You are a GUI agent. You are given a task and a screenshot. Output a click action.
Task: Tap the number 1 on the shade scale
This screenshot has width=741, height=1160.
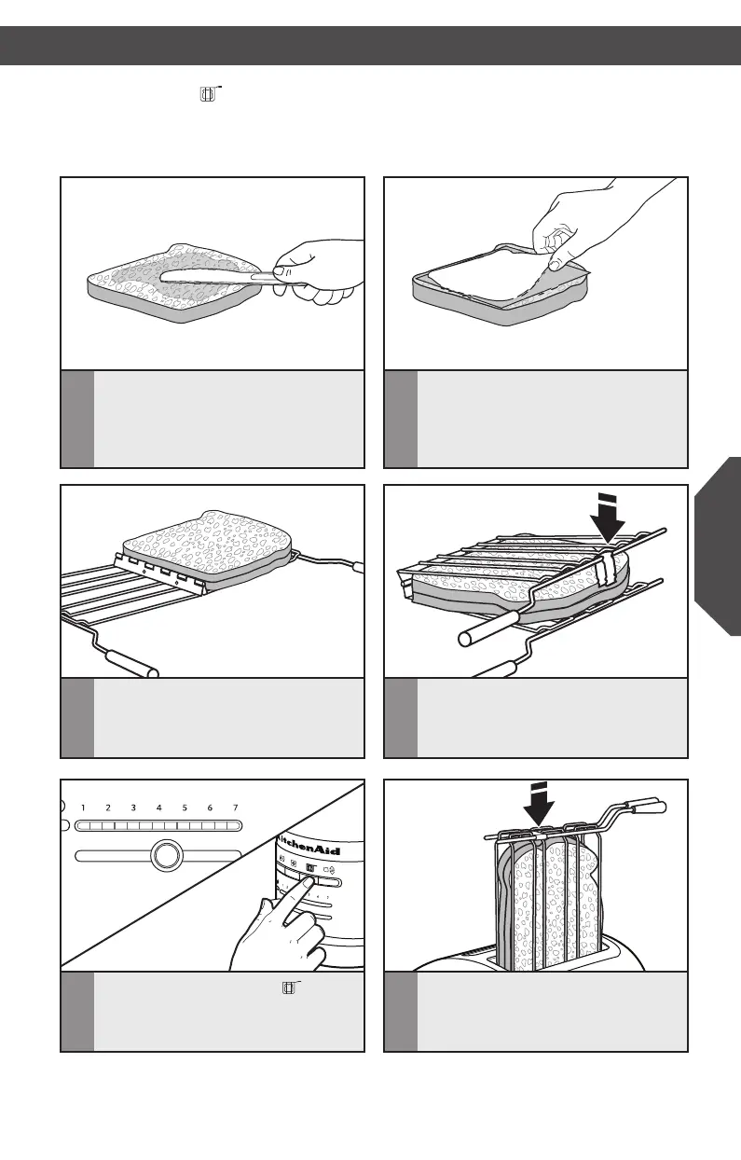(x=83, y=808)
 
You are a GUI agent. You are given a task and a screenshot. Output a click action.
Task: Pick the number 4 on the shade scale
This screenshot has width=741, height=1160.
(x=159, y=808)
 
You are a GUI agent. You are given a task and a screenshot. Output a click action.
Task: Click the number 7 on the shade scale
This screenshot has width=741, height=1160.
(x=236, y=808)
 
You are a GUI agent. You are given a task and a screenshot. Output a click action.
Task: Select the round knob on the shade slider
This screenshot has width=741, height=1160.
(x=165, y=856)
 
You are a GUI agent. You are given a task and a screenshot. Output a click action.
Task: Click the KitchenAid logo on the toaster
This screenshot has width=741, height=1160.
(x=309, y=849)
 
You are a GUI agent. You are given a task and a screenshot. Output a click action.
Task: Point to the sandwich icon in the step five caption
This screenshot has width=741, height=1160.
(x=290, y=987)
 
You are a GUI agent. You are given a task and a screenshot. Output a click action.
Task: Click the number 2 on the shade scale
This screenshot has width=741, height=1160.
(x=108, y=808)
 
